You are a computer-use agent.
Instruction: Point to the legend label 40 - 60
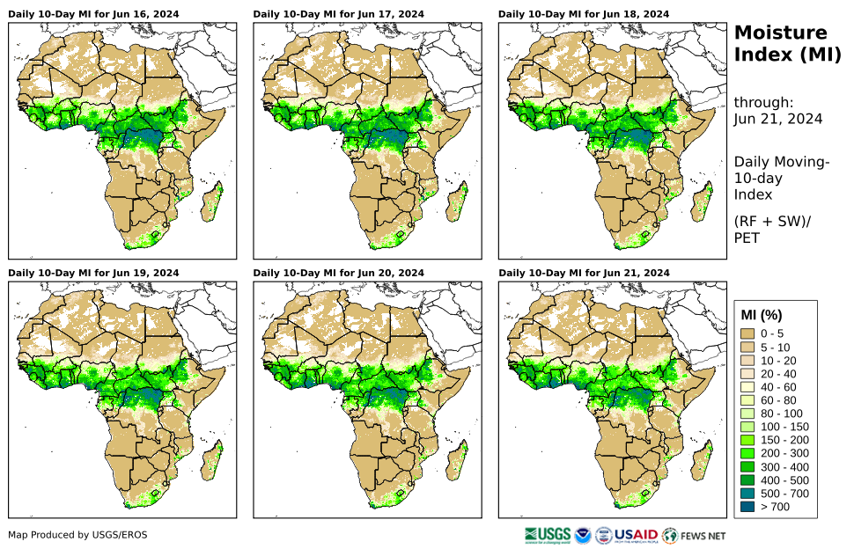coord(779,387)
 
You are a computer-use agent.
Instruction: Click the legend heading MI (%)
coord(762,315)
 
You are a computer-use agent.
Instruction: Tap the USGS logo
coord(547,534)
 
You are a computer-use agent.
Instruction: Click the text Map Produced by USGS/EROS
coord(77,535)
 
